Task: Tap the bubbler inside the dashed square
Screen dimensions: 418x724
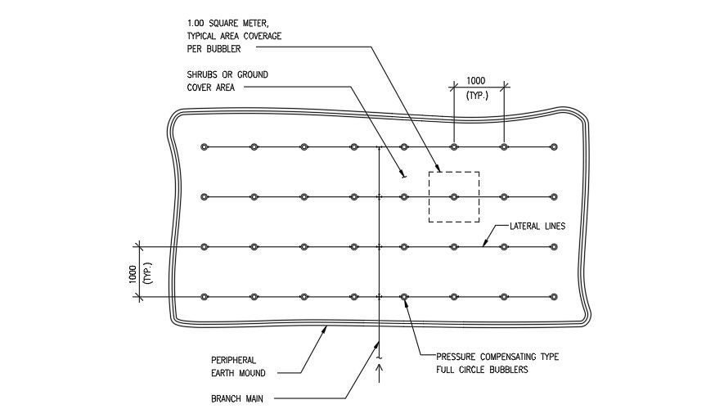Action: click(454, 196)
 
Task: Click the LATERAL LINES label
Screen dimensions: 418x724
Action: click(537, 226)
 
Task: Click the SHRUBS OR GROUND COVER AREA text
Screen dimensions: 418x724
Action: click(227, 81)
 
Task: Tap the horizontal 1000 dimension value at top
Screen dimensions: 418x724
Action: click(476, 80)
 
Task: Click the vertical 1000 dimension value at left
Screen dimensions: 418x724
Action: click(133, 273)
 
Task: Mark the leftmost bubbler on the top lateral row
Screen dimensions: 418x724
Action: click(205, 147)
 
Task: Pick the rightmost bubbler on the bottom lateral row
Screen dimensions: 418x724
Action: click(554, 296)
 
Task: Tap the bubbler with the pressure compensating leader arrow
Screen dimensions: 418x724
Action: click(404, 296)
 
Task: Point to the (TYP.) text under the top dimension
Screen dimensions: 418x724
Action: click(476, 95)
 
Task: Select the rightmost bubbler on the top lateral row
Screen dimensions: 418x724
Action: click(554, 147)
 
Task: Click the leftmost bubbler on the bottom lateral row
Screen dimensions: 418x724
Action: click(205, 296)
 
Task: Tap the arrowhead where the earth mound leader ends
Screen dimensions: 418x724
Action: click(326, 326)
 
